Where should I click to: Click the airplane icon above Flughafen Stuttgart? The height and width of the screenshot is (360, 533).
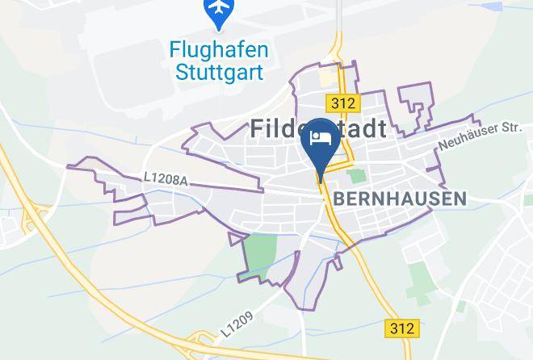tap(217, 10)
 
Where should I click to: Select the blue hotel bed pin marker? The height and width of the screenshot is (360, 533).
tap(321, 141)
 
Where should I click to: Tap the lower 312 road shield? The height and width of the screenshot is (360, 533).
tap(402, 328)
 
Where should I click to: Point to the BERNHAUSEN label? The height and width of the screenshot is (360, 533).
tap(400, 198)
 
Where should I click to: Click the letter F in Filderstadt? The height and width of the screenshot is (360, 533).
tap(258, 128)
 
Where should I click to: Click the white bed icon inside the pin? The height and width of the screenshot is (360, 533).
tap(321, 136)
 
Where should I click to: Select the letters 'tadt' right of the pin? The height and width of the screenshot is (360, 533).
tap(364, 128)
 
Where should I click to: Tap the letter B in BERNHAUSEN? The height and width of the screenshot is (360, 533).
tap(339, 198)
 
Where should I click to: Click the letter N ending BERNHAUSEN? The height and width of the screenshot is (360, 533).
tap(460, 198)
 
